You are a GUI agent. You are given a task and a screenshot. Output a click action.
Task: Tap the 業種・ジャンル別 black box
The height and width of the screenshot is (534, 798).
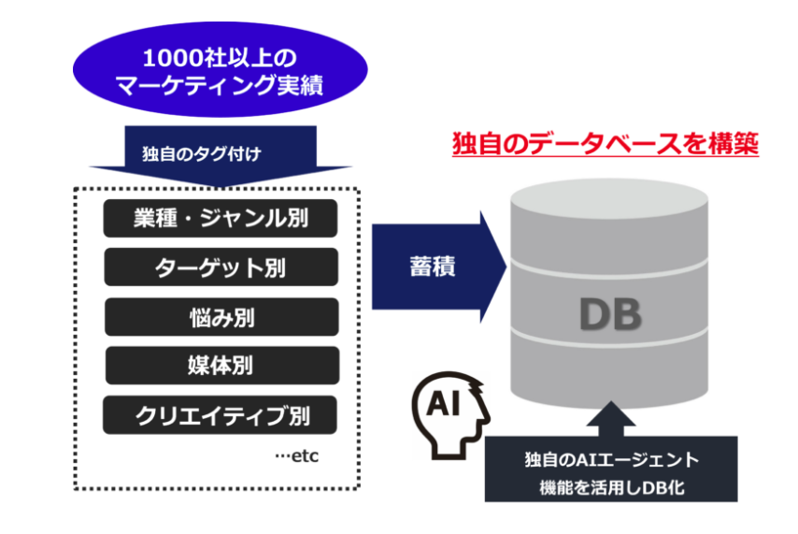221,219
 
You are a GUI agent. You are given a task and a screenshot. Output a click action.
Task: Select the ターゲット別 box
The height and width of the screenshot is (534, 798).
221,267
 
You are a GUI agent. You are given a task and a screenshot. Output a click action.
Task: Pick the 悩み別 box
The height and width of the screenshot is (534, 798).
221,316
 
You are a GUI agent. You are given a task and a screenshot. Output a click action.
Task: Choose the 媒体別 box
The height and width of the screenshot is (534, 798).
221,365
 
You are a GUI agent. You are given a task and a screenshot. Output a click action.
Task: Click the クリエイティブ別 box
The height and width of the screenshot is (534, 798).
221,413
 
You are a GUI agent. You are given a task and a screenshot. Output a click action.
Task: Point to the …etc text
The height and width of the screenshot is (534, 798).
298,456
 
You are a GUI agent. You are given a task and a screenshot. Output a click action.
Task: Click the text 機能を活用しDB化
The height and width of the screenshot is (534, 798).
612,485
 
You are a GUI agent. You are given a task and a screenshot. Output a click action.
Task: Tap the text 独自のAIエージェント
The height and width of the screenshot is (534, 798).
612,461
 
